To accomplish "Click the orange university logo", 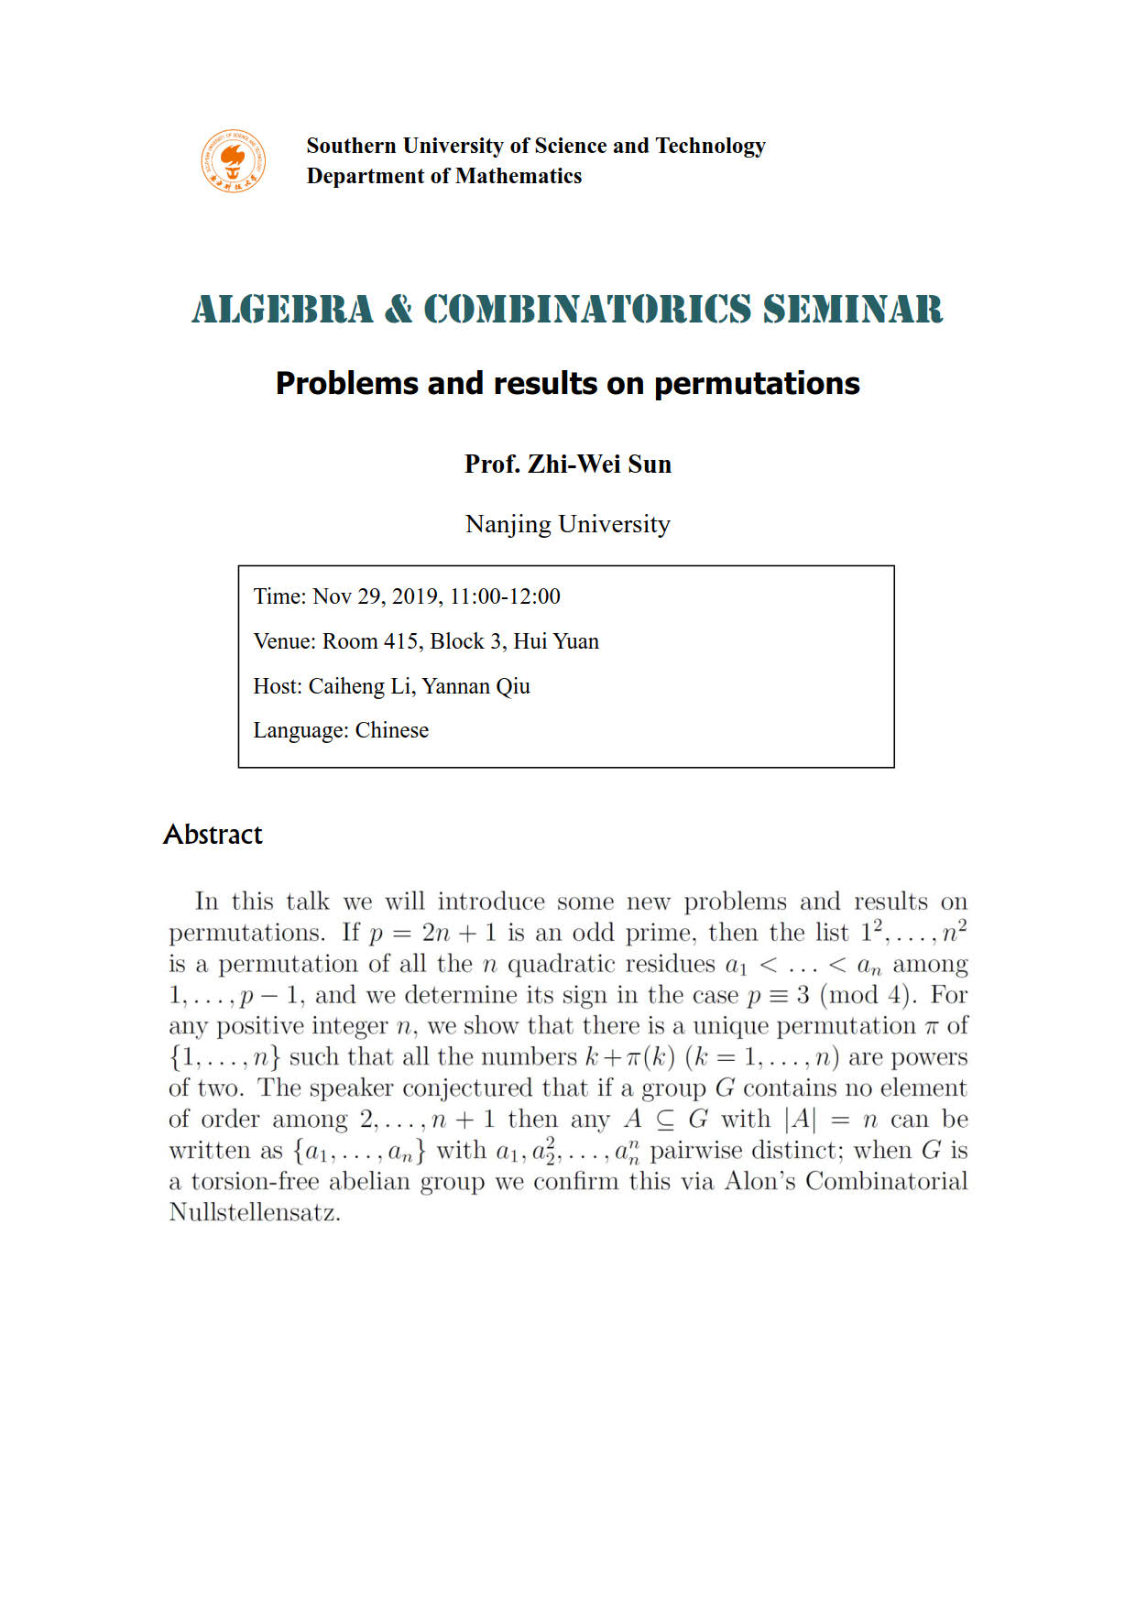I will click(x=234, y=161).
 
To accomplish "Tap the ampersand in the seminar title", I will click(x=399, y=310).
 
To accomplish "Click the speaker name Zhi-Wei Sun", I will click(x=599, y=464).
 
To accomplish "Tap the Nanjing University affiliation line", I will click(x=568, y=524).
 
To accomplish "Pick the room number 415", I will click(x=401, y=641).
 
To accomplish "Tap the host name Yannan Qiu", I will click(x=475, y=686).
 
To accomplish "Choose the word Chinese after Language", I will click(x=391, y=730).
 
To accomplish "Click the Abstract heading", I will click(x=213, y=835).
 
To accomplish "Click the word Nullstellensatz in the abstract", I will click(x=254, y=1213).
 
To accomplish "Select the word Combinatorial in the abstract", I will click(x=886, y=1181).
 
